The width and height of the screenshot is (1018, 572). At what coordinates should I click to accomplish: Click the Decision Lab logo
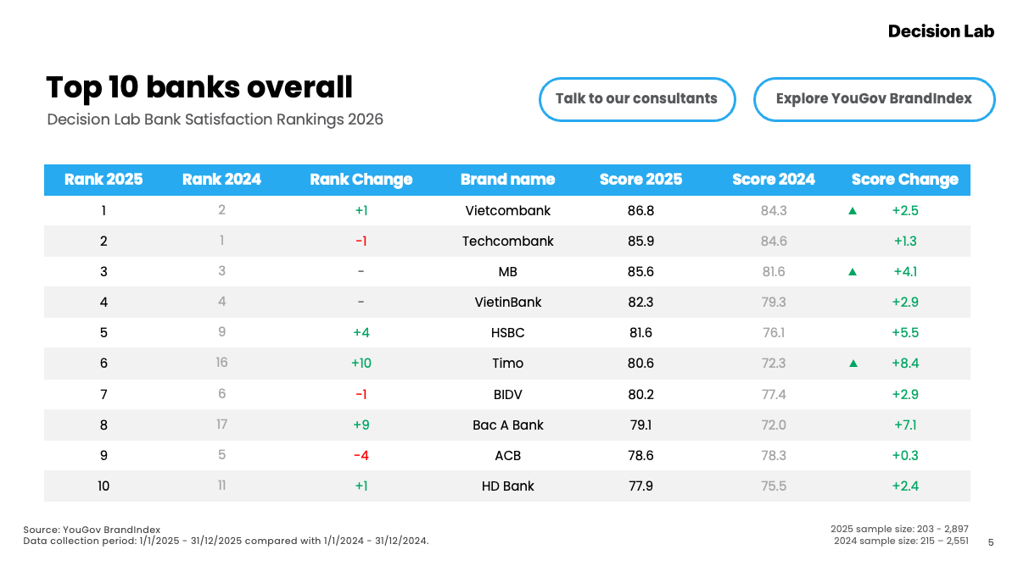941,31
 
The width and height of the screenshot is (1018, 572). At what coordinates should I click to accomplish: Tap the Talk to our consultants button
637,99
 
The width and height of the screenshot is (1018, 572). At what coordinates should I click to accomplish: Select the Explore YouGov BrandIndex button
874,99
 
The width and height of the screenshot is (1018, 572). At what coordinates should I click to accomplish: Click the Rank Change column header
361,180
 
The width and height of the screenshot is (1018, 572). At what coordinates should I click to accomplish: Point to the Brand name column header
507,180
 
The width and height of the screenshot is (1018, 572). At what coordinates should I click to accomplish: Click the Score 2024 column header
774,180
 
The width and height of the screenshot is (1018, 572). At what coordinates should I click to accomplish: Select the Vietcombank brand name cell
507,211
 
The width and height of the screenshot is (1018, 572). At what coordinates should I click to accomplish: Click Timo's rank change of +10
361,364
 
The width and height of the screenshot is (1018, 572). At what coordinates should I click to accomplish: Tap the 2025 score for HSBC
640,333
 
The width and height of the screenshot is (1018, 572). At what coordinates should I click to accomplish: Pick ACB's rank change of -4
361,455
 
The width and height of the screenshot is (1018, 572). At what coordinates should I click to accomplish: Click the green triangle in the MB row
853,272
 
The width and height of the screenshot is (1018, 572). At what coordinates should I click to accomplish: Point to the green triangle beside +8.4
853,364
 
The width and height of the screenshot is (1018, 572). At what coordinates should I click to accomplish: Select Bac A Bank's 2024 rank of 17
221,425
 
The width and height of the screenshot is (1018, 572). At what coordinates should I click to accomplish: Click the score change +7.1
905,425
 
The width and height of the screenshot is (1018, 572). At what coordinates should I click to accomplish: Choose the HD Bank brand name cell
507,486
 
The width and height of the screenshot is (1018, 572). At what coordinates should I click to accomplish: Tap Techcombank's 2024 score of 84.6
774,241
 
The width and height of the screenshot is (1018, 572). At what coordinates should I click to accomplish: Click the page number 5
991,542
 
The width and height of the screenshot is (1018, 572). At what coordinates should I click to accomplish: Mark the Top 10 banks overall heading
199,86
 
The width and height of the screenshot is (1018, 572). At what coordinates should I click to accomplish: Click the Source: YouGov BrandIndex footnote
92,530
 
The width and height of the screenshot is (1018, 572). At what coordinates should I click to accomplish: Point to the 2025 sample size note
899,529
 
